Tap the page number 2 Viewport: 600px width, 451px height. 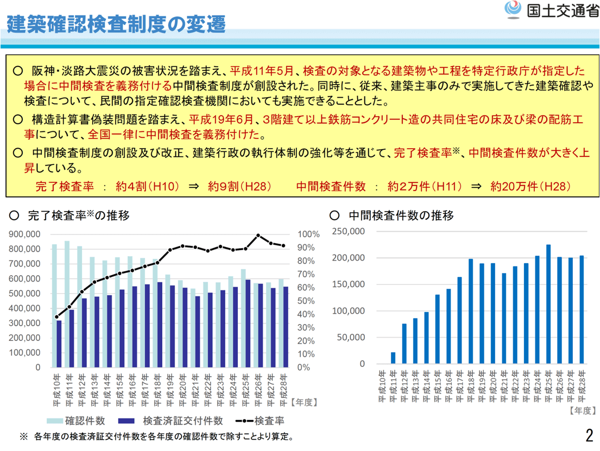coord(589,436)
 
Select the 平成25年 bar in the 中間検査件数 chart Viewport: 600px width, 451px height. coord(548,304)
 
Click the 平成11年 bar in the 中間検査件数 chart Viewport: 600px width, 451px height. coord(393,358)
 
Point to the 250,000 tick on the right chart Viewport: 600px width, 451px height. coord(350,231)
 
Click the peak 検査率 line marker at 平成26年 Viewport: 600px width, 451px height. coord(258,236)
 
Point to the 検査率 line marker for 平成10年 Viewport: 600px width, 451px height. coord(56,317)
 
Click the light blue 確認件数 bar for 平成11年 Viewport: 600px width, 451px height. coord(67,304)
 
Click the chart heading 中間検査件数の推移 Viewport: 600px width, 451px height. coord(401,215)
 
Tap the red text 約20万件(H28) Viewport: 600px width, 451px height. coord(530,186)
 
